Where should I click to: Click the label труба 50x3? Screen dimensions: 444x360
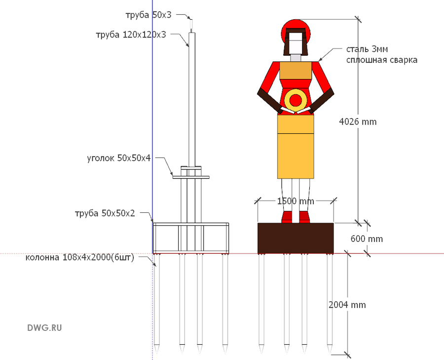148,15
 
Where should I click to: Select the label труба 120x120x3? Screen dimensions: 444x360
131,35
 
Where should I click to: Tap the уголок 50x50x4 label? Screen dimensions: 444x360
119,158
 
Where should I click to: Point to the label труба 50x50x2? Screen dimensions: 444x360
105,213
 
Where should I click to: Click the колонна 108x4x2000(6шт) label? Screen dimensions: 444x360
79,257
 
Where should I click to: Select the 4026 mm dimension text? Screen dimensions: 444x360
358,121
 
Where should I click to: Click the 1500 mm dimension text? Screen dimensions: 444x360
296,201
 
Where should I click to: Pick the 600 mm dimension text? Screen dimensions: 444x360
367,239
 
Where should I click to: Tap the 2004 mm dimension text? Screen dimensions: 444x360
347,305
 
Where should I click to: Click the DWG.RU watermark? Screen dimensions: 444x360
44,328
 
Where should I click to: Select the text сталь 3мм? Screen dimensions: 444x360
367,49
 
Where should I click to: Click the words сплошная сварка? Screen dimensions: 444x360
382,60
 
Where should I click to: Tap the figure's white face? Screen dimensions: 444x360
296,43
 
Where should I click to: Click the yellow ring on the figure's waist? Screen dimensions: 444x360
296,91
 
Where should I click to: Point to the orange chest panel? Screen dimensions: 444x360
296,71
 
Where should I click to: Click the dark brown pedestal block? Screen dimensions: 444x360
296,238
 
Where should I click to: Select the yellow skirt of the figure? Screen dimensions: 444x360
296,147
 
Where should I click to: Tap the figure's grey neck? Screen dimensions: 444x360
296,58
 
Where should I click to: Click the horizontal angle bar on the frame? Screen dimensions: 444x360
191,177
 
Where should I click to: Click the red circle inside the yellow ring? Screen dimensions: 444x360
296,100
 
